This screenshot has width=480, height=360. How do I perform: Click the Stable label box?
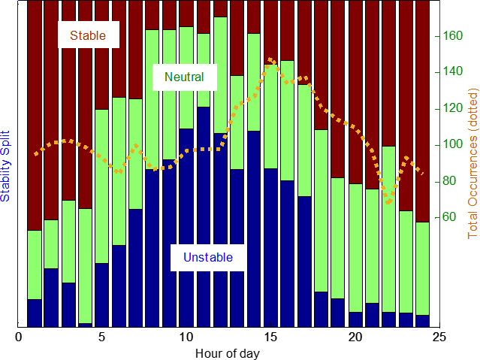(x=88, y=35)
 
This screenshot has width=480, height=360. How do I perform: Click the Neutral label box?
(x=184, y=77)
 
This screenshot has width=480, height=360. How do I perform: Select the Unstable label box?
(x=208, y=258)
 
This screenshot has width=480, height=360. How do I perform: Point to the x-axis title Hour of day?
(x=228, y=352)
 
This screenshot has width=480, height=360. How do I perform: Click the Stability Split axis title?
(x=7, y=164)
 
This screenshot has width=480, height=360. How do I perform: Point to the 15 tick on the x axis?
(x=271, y=336)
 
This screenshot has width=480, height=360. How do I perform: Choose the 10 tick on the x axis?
(x=187, y=336)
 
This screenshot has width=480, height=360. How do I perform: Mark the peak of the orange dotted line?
(x=270, y=59)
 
